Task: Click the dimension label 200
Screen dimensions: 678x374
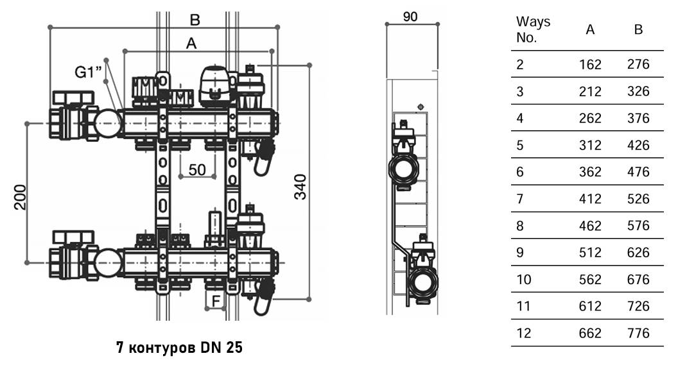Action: [21, 198]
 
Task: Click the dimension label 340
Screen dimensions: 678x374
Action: [300, 187]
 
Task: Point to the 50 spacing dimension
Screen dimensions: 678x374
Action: [197, 170]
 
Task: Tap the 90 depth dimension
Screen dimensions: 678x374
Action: [410, 17]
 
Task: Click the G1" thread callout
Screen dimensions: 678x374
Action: [89, 72]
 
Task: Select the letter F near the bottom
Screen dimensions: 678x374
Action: [216, 301]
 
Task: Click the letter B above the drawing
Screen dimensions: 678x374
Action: [195, 20]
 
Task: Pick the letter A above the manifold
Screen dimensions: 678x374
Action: [191, 43]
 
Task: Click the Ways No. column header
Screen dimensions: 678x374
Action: [533, 30]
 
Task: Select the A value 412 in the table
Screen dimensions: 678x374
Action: [590, 199]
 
